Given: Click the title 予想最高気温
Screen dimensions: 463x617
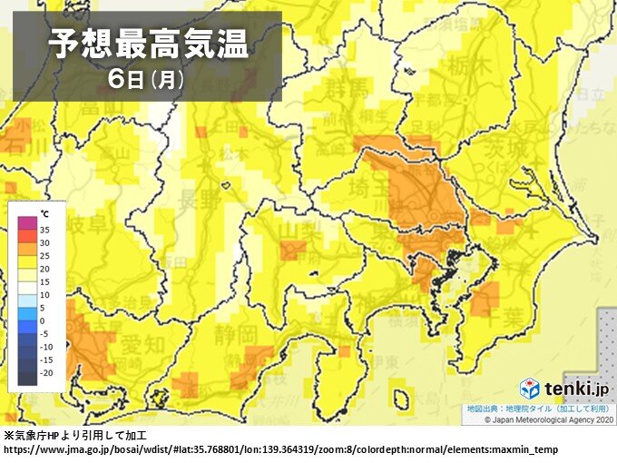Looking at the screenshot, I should coord(148,42).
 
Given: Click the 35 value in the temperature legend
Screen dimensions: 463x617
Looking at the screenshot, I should coord(45,231).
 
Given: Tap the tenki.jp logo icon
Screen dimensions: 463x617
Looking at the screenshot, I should coord(530,389).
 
